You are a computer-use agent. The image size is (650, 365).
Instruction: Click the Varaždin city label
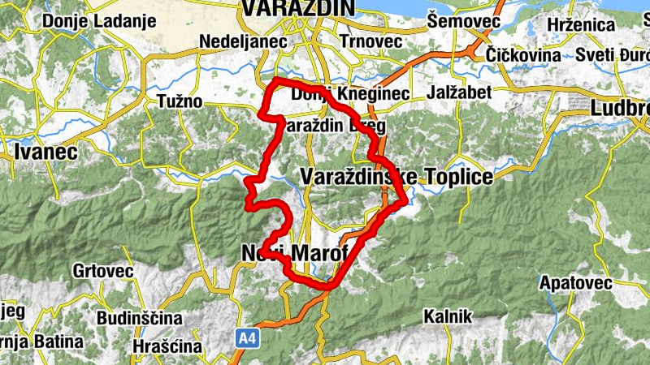[x=297, y=8]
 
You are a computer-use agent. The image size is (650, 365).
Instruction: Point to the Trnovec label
[x=371, y=40]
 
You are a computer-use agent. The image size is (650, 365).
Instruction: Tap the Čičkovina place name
[x=523, y=55]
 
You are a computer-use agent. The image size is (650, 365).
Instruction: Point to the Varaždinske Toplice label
[x=396, y=177]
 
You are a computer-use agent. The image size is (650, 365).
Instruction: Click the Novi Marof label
[x=294, y=254]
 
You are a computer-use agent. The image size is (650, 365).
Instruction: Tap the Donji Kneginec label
[x=350, y=95]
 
